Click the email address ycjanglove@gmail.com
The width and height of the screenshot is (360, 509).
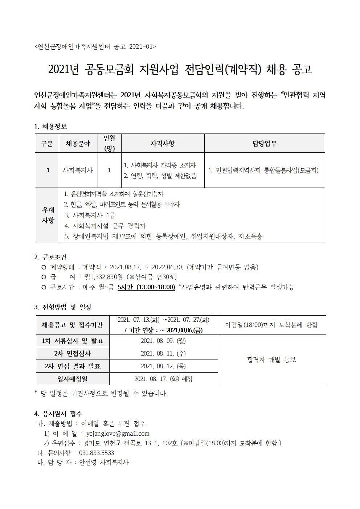pos(118,434)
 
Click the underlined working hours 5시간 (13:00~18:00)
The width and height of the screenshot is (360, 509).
pos(146,287)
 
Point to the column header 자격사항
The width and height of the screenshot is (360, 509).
pos(163,143)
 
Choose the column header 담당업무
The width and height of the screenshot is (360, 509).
pos(265,143)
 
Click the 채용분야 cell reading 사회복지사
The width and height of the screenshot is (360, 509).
pos(78,170)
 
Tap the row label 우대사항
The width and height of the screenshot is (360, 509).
pos(48,215)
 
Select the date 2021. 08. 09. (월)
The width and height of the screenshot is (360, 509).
pos(163,341)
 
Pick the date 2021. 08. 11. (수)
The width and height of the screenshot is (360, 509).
pos(163,353)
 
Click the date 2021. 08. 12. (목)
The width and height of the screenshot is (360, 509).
pos(163,366)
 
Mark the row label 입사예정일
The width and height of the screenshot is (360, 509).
pos(73,379)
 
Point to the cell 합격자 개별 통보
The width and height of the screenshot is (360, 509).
pos(272,360)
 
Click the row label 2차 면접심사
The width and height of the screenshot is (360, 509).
pos(73,353)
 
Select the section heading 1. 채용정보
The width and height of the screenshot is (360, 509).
pos(50,127)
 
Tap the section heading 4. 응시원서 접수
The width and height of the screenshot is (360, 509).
pos(58,414)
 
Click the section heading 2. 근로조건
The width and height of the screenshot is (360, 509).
pos(50,257)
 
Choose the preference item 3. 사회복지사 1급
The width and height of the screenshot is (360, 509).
pos(87,215)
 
